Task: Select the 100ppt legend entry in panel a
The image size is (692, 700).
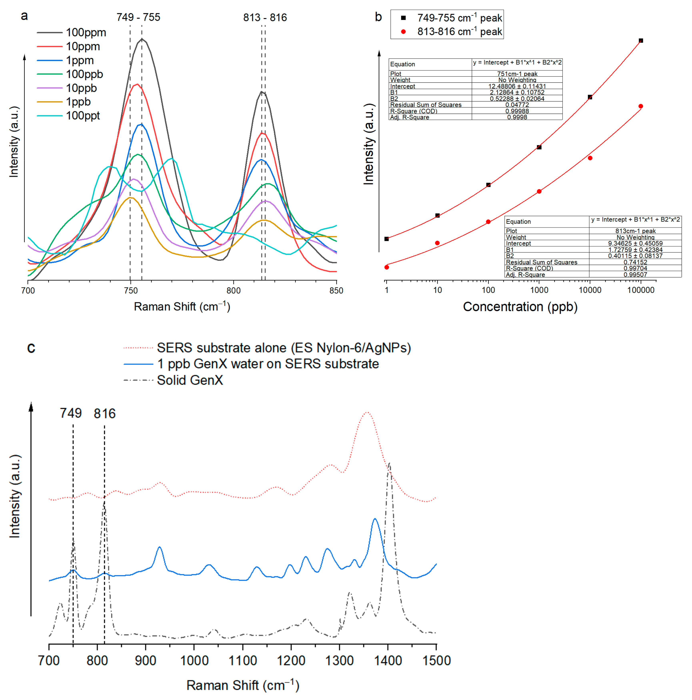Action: [83, 116]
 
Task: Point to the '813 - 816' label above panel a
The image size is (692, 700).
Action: [265, 17]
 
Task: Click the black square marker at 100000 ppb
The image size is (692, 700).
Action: [641, 41]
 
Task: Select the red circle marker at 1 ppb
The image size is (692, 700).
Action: [386, 267]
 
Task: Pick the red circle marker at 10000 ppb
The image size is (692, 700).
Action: [590, 158]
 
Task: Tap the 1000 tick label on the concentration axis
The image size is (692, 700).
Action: [539, 290]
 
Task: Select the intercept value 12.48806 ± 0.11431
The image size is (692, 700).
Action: [517, 86]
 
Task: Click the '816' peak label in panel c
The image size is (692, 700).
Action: [105, 413]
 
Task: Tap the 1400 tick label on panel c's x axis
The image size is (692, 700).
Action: [388, 661]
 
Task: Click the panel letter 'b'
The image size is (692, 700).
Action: [378, 17]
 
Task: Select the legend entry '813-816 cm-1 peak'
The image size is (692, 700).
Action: [459, 32]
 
